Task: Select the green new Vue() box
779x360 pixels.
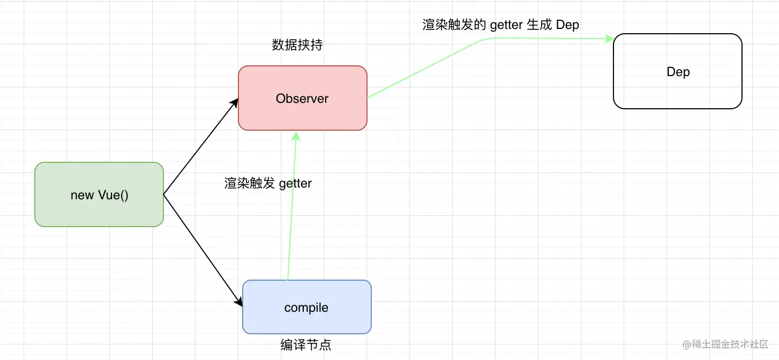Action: click(99, 212)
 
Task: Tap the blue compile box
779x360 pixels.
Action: click(306, 321)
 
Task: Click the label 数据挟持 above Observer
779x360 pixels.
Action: click(297, 46)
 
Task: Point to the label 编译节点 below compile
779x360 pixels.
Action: click(306, 345)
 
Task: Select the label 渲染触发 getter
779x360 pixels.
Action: click(268, 183)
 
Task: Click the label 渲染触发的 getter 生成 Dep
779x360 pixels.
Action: click(500, 25)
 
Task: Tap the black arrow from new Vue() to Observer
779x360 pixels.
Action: click(199, 148)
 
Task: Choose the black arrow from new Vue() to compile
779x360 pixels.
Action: click(201, 247)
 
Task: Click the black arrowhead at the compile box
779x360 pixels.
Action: click(238, 301)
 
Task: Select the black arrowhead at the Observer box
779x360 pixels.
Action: click(234, 103)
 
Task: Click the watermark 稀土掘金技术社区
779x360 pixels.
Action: click(724, 343)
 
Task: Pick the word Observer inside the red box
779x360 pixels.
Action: click(302, 99)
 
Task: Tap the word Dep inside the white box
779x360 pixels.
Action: click(678, 72)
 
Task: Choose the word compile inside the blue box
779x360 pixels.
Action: click(306, 308)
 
